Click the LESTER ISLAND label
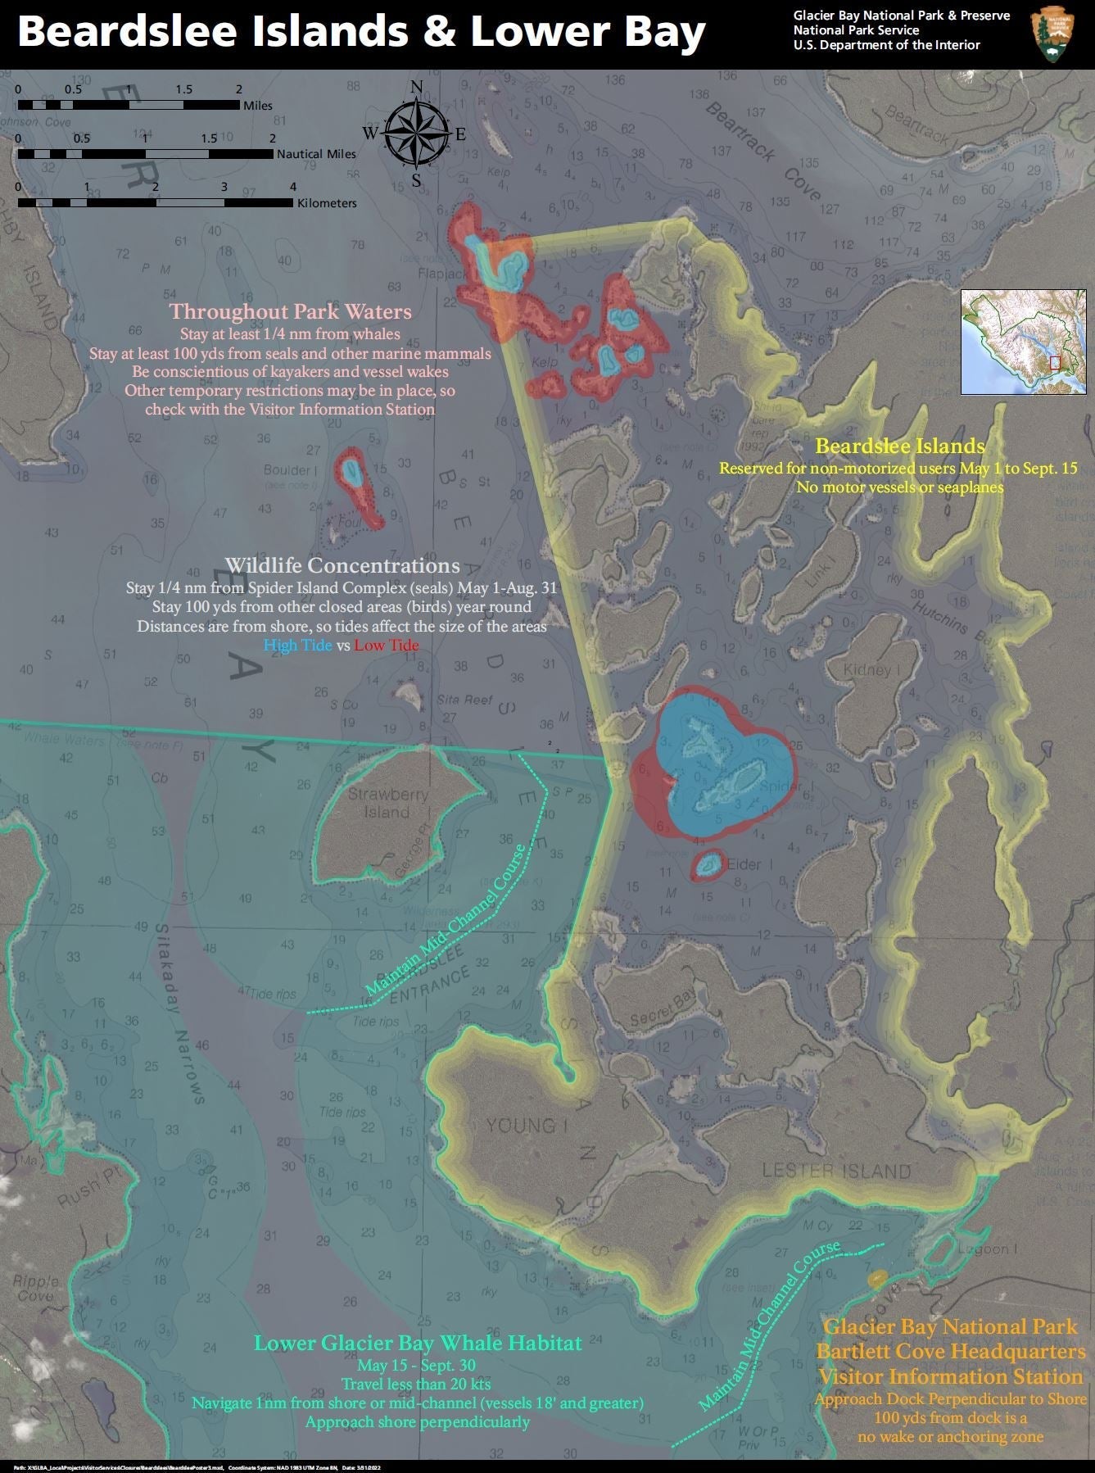click(836, 1171)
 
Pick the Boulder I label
click(291, 470)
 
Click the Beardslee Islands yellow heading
click(899, 446)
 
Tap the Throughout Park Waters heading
click(290, 311)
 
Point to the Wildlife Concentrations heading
click(342, 565)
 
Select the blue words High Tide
click(297, 646)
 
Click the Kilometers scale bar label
click(327, 202)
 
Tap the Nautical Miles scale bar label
click(316, 153)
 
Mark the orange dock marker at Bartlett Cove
click(877, 1277)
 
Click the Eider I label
click(744, 864)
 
